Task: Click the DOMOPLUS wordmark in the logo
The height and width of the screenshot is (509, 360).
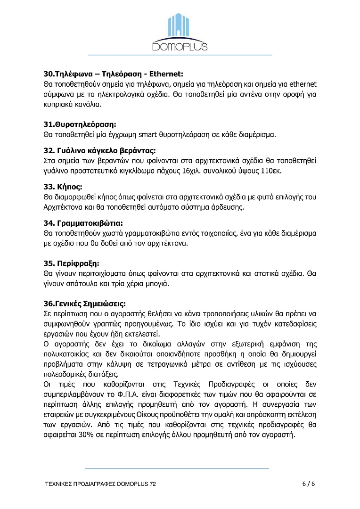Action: [180, 46]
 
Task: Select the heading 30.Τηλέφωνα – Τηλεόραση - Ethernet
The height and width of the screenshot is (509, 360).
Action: [113, 74]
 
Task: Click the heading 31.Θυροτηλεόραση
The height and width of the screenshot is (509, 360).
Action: [80, 124]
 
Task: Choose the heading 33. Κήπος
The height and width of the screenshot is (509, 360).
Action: [63, 187]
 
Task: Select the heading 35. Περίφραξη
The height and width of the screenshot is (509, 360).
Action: [72, 263]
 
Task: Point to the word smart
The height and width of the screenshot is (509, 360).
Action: [147, 135]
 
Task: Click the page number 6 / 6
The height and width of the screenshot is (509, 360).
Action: [308, 484]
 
